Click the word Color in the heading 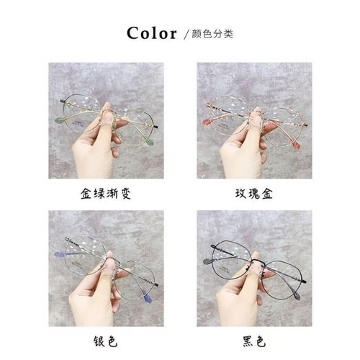click(153, 33)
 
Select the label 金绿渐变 click(106, 194)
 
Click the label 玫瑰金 click(255, 194)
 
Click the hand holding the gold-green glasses click(91, 148)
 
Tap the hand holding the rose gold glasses click(240, 148)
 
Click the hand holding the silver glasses click(91, 295)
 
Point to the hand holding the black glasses click(240, 295)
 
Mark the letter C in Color click(134, 33)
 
